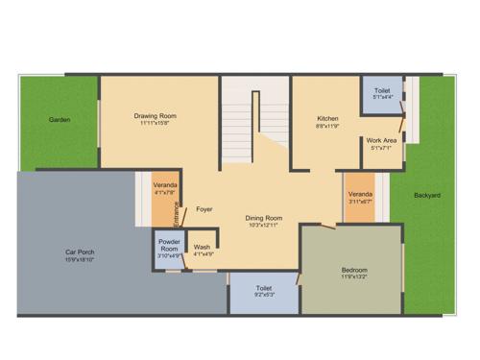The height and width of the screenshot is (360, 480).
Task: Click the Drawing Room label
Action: coord(155,116)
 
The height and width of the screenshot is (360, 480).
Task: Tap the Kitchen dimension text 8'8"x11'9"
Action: coord(327,126)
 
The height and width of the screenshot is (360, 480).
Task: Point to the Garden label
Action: coord(60,120)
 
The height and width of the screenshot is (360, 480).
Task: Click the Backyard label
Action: coord(427,196)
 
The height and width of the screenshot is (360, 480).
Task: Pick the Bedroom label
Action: coord(353,270)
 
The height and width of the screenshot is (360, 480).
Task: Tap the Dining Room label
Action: coord(262,218)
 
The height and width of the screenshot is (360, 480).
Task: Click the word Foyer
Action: coord(204,208)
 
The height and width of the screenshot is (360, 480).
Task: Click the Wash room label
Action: coord(202,248)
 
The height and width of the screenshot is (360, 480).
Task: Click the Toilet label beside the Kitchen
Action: coord(381,91)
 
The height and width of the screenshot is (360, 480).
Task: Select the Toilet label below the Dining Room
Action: coord(263,287)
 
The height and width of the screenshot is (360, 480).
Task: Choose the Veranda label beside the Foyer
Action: coord(165,186)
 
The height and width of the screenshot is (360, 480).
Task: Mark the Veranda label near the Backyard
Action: coord(360,194)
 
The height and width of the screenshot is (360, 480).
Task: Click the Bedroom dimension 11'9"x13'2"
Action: coord(353,278)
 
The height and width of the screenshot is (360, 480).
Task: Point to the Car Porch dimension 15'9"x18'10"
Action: coord(79,260)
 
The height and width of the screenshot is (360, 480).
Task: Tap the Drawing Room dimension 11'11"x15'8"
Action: coord(155,124)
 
